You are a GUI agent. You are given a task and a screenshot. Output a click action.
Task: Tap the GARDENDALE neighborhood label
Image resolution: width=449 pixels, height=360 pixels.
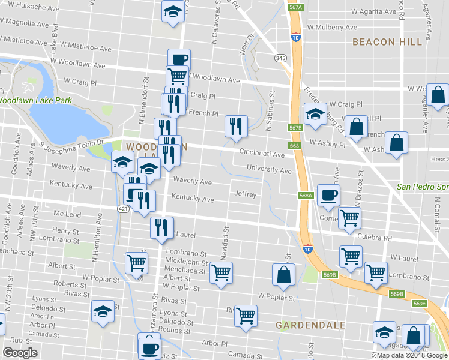pos(310,325)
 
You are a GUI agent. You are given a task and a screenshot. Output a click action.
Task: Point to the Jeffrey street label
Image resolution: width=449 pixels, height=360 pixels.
pos(246,194)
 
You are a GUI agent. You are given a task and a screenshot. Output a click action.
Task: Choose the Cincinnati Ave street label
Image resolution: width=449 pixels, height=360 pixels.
pos(262,154)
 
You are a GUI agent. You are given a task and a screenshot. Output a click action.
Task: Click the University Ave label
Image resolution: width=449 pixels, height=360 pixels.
pos(268,170)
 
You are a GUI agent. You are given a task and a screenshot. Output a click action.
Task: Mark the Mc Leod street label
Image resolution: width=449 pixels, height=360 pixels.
pos(67,214)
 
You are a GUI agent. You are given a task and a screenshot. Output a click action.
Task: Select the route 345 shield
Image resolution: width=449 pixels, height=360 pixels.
pos(280,58)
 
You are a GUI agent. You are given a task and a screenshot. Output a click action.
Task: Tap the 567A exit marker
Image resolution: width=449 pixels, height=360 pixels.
pos(294,7)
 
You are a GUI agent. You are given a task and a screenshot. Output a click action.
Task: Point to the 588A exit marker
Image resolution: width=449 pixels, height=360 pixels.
pos(305,195)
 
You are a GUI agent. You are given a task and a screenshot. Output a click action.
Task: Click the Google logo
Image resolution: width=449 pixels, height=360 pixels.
pos(20,353)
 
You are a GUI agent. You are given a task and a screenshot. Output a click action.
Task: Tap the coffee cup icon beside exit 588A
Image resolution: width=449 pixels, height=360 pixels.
pos(329,194)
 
